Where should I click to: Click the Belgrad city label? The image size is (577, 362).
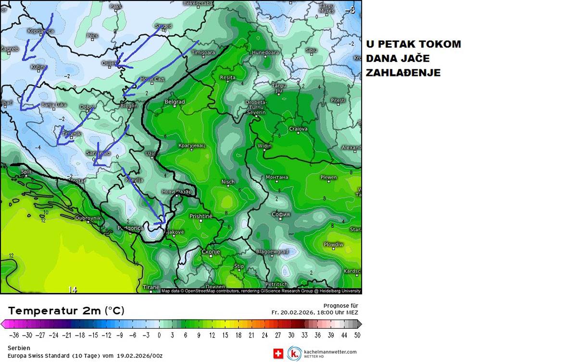[175, 102]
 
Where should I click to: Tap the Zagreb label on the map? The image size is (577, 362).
[10, 49]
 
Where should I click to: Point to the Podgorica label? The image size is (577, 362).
[130, 228]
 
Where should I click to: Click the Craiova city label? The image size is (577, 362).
[298, 129]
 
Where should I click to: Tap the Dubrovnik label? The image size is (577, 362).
[88, 218]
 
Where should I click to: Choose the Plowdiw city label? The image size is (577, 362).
[333, 245]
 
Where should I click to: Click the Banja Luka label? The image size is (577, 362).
[54, 105]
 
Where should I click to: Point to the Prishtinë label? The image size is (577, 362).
[201, 216]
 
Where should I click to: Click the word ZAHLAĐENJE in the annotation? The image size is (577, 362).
[403, 73]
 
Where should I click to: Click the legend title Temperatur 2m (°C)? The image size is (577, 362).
[66, 311]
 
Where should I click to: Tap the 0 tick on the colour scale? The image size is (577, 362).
[159, 335]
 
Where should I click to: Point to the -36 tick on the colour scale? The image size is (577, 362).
[13, 335]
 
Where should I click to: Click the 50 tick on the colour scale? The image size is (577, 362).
[356, 335]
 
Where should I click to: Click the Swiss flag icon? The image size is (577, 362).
[278, 354]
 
